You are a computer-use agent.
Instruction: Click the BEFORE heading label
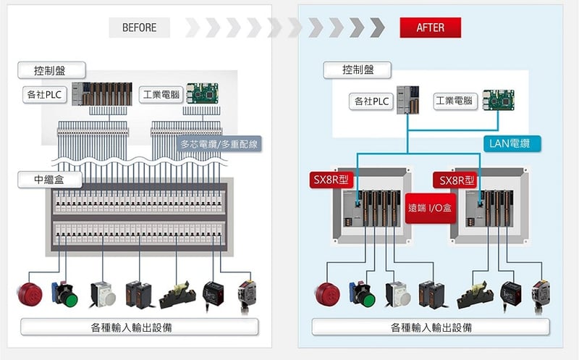pyautogui.click(x=140, y=28)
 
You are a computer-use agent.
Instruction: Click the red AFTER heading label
pyautogui.click(x=430, y=28)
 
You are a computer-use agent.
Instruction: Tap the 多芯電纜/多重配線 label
pyautogui.click(x=219, y=143)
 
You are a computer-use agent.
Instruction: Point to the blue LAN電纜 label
pyautogui.click(x=511, y=143)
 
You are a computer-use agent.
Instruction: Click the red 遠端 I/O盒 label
pyautogui.click(x=431, y=208)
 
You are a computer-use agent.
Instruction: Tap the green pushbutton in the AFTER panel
pyautogui.click(x=365, y=298)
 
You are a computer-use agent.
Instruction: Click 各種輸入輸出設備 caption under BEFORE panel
pyautogui.click(x=139, y=327)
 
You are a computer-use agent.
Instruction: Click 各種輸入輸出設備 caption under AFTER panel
pyautogui.click(x=431, y=327)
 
